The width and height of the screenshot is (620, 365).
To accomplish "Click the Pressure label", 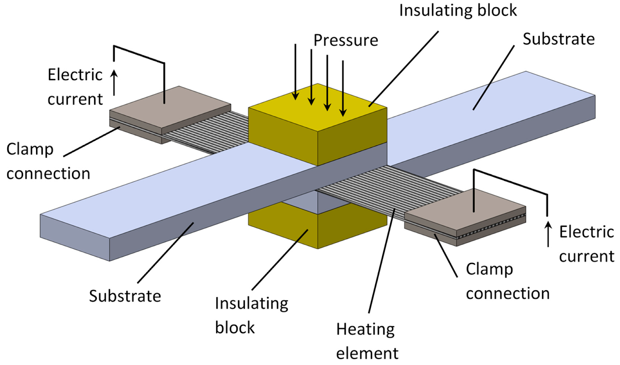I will click(x=345, y=40).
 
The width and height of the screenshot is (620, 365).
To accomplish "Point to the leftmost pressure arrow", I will click(x=296, y=74).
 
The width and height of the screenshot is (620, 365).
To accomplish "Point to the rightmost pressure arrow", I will click(x=343, y=89).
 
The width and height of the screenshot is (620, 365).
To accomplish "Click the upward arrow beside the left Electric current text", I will click(x=114, y=82).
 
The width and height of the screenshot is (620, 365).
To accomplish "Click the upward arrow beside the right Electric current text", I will click(x=548, y=234).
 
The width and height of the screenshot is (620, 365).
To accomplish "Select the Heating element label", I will click(x=366, y=341).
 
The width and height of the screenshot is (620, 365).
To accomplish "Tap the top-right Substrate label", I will click(x=558, y=39).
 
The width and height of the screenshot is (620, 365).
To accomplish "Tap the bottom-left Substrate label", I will click(x=125, y=296).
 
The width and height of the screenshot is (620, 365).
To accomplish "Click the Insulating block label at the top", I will click(x=458, y=10).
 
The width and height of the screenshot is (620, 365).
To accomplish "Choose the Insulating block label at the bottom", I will click(x=251, y=315).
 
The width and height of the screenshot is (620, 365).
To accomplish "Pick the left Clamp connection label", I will click(x=48, y=161).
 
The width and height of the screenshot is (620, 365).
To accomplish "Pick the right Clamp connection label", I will click(x=507, y=281).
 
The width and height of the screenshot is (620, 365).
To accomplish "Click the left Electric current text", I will click(x=75, y=87).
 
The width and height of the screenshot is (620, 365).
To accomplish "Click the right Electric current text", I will click(x=586, y=244).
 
